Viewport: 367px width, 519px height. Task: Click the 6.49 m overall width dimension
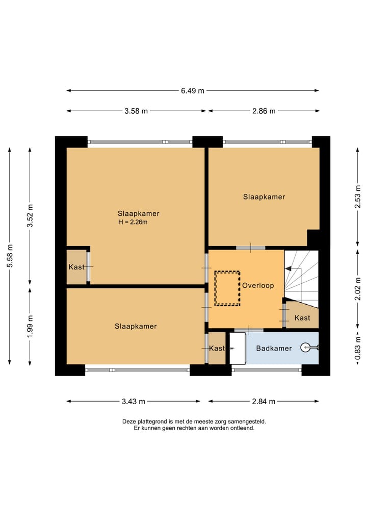(193, 91)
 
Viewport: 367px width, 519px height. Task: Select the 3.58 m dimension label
(136, 111)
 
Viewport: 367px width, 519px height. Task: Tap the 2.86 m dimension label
(264, 111)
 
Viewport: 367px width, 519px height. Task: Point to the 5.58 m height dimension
(10, 256)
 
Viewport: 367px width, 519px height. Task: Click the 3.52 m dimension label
(30, 216)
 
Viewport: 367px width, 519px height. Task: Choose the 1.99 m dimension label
(30, 327)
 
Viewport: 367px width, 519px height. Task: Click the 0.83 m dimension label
(358, 348)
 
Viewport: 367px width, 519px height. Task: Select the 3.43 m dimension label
(133, 402)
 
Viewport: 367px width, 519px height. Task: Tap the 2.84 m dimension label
(264, 402)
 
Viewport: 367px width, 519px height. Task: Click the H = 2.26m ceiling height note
(133, 222)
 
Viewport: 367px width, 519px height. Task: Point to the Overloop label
(258, 285)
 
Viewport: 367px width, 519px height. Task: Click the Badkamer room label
(274, 348)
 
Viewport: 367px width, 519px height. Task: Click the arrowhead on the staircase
(289, 269)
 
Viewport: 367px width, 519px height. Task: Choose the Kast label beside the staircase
(302, 318)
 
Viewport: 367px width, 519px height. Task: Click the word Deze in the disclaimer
(129, 422)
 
